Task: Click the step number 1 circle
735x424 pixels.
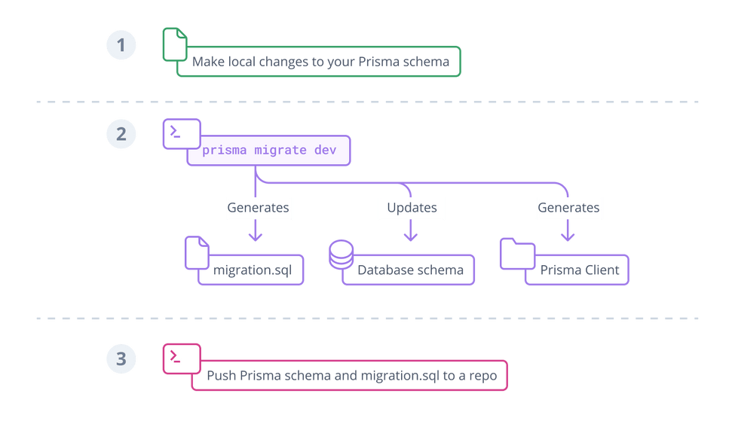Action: pyautogui.click(x=121, y=46)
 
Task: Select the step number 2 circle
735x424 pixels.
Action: pyautogui.click(x=121, y=135)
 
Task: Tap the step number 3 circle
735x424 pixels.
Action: pyautogui.click(x=121, y=359)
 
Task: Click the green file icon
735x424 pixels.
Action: pyautogui.click(x=175, y=44)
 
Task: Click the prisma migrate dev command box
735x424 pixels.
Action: pyautogui.click(x=268, y=150)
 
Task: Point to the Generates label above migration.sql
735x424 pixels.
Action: pyautogui.click(x=259, y=207)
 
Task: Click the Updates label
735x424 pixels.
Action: pyautogui.click(x=411, y=207)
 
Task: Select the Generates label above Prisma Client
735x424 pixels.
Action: pyautogui.click(x=569, y=207)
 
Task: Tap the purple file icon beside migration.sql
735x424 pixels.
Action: pyautogui.click(x=196, y=253)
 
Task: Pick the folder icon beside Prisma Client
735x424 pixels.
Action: pyautogui.click(x=517, y=255)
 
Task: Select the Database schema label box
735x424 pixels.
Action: pyautogui.click(x=411, y=270)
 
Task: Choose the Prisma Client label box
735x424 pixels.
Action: pyautogui.click(x=579, y=270)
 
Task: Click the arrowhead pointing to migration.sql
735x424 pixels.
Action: pyautogui.click(x=256, y=236)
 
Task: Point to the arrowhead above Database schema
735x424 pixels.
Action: pyautogui.click(x=411, y=236)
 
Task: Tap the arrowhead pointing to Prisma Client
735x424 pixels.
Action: pyautogui.click(x=567, y=236)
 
